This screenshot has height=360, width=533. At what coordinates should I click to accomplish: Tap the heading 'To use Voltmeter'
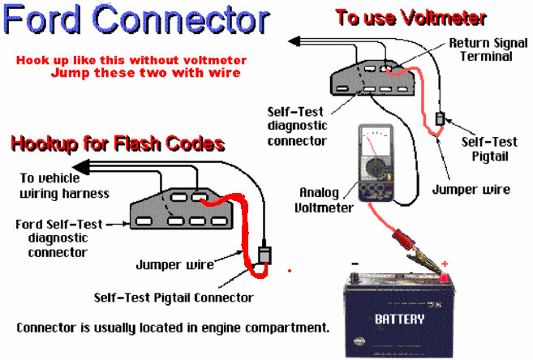point(410,17)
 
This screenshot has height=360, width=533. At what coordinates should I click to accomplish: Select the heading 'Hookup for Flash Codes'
point(117,144)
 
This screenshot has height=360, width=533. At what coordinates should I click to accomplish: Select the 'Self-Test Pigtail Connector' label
point(173,298)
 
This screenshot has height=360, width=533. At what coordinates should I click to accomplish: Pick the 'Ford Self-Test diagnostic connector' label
point(59,238)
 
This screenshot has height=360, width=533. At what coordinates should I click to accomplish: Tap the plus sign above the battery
point(444,264)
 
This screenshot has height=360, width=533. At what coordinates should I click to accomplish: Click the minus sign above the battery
point(355,264)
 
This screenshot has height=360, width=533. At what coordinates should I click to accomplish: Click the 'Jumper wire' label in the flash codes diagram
point(174,264)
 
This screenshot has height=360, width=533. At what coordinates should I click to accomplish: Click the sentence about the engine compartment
point(173,328)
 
